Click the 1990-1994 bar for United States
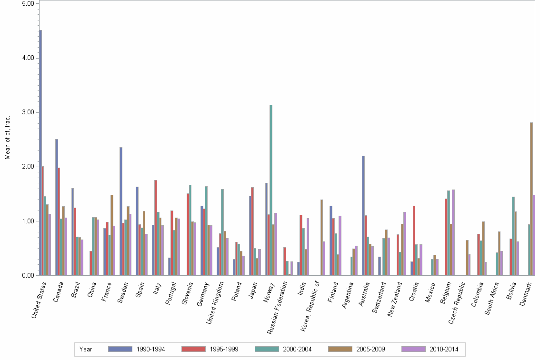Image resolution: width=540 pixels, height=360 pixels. coord(40,152)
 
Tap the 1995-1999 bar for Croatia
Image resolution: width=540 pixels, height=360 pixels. coord(414,240)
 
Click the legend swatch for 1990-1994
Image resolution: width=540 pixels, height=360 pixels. coord(120,349)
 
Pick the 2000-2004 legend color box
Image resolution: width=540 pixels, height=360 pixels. coord(267,349)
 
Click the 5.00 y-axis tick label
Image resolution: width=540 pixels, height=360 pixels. coord(29,4)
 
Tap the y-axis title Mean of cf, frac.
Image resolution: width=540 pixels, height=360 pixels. coord(7,138)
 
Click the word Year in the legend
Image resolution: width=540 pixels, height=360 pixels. coord(86,350)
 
